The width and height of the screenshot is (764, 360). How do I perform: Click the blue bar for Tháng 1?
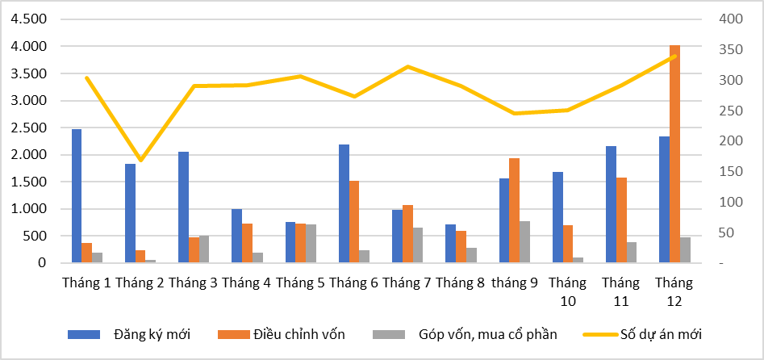point(77,196)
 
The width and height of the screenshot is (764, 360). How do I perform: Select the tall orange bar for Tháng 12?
point(674,154)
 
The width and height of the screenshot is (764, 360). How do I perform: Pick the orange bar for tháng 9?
point(514,211)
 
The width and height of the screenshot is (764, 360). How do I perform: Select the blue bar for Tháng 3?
point(183,207)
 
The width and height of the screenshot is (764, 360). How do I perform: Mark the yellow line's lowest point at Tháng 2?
point(140,161)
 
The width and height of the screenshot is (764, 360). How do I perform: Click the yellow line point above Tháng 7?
point(407,67)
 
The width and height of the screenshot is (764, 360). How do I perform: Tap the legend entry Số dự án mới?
point(662,333)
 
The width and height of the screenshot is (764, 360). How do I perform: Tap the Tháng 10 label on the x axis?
point(567,291)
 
